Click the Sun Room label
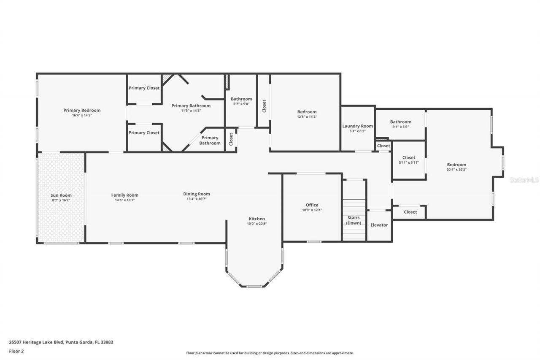click(x=61, y=195)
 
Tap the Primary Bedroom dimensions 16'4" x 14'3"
click(x=82, y=115)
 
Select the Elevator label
click(x=379, y=225)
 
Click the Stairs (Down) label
click(x=354, y=220)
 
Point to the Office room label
click(x=312, y=205)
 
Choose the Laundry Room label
click(x=357, y=126)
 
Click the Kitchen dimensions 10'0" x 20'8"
click(x=256, y=224)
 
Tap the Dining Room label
click(x=197, y=194)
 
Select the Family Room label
click(x=125, y=195)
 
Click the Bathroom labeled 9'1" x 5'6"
click(x=400, y=122)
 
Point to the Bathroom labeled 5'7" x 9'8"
click(x=241, y=99)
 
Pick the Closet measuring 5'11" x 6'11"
click(x=408, y=158)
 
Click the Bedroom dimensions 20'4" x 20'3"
click(x=456, y=169)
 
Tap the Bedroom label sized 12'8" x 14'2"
click(x=307, y=112)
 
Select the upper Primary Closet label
click(x=144, y=88)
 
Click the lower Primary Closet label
click(x=144, y=133)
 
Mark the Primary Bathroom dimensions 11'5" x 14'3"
click(x=191, y=111)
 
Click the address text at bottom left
click(x=61, y=342)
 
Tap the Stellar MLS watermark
click(x=524, y=180)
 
